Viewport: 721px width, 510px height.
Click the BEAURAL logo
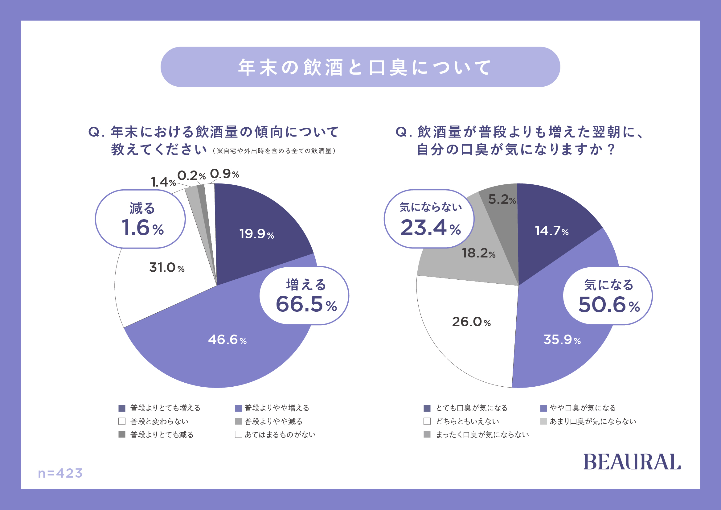tap(632, 462)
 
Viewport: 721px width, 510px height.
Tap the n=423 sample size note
tap(60, 473)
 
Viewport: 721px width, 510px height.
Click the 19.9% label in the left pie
tap(256, 234)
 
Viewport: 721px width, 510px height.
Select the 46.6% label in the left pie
tap(227, 340)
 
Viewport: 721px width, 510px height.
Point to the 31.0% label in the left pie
tap(167, 268)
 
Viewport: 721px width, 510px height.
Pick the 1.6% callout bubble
tap(140, 219)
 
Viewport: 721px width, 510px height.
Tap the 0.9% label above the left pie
tap(224, 174)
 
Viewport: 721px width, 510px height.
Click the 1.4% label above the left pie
tap(163, 182)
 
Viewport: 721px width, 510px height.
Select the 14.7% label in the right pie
tap(552, 231)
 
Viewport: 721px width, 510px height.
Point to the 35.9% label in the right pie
tap(562, 340)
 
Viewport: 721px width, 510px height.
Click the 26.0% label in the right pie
tap(471, 322)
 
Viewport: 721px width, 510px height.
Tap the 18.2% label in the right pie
tap(479, 253)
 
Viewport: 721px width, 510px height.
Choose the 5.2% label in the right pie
tap(502, 199)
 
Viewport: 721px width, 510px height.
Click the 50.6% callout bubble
tap(608, 295)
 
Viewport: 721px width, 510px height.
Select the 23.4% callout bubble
tap(429, 219)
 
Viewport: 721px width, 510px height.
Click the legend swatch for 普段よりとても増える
tap(122, 408)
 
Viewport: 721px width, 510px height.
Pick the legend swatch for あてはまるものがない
tap(238, 434)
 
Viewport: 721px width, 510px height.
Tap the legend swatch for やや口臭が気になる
tap(543, 408)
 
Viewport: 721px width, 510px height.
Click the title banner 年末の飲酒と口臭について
tap(360, 67)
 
